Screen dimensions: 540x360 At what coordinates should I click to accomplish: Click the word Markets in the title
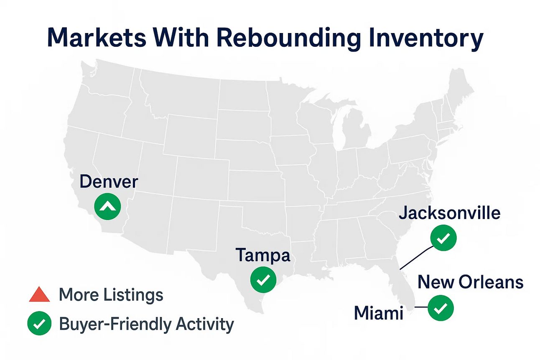click(97, 38)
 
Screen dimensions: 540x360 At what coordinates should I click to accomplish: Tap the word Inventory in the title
click(426, 39)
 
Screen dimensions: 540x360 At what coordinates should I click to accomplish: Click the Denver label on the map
click(109, 182)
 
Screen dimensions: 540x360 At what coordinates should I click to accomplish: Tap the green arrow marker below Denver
click(107, 207)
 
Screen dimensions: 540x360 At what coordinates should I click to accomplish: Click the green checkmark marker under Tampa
click(263, 280)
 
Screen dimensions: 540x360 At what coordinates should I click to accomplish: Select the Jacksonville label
click(450, 213)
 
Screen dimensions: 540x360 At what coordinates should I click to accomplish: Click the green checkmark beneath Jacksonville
click(443, 238)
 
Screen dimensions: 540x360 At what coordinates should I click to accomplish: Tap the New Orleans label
click(470, 282)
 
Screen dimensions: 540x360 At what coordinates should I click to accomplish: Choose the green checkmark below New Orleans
click(441, 308)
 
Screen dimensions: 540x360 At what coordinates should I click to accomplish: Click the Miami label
click(379, 313)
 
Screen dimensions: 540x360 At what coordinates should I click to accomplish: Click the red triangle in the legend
click(39, 295)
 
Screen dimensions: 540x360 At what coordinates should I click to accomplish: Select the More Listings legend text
click(111, 295)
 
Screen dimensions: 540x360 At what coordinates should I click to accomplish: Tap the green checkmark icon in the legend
click(39, 323)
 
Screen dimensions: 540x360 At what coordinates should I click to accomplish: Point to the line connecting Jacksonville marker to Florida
click(416, 258)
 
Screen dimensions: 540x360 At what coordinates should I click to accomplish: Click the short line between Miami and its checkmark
click(421, 307)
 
